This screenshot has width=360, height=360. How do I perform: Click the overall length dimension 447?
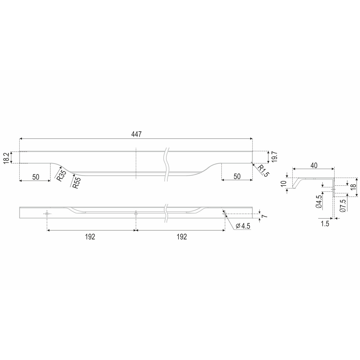pos(136,134)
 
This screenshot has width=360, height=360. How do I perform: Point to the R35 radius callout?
pos(61,175)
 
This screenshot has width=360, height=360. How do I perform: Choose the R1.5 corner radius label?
pos(263,171)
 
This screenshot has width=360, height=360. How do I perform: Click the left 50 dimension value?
pos(36,177)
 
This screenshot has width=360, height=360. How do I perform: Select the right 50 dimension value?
pos(237,176)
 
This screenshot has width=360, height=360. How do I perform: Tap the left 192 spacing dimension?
pos(90,237)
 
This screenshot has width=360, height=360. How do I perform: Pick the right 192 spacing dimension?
pos(182,237)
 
